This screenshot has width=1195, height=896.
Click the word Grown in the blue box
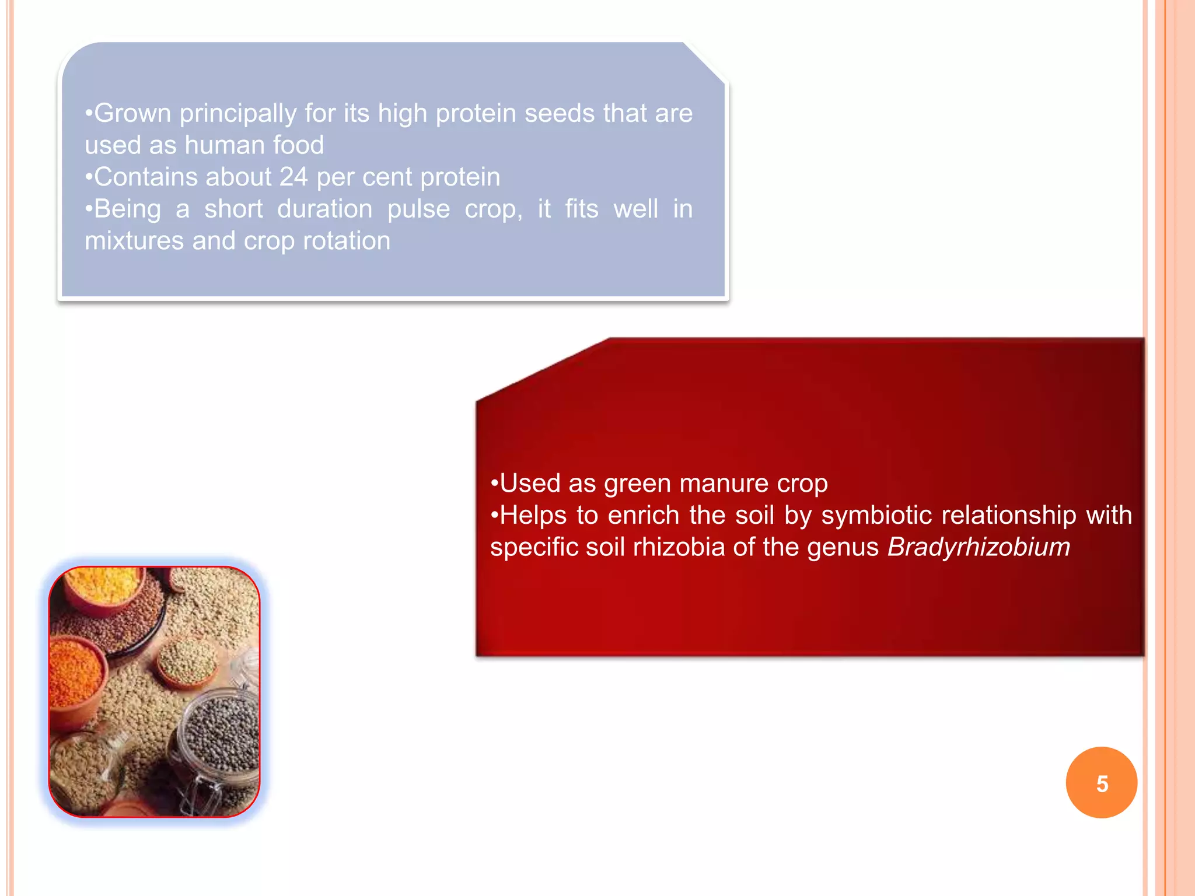click(132, 113)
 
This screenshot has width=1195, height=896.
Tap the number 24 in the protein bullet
click(293, 177)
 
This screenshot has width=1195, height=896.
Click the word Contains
click(142, 177)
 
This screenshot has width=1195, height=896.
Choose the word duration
click(324, 209)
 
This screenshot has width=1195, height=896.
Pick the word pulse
click(418, 209)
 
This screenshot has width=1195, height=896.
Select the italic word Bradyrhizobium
click(979, 547)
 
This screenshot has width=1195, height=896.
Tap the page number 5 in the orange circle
click(1102, 783)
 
